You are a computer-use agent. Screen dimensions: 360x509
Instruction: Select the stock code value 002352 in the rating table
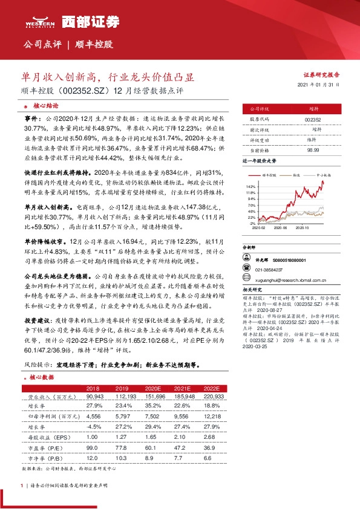tap(313, 120)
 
